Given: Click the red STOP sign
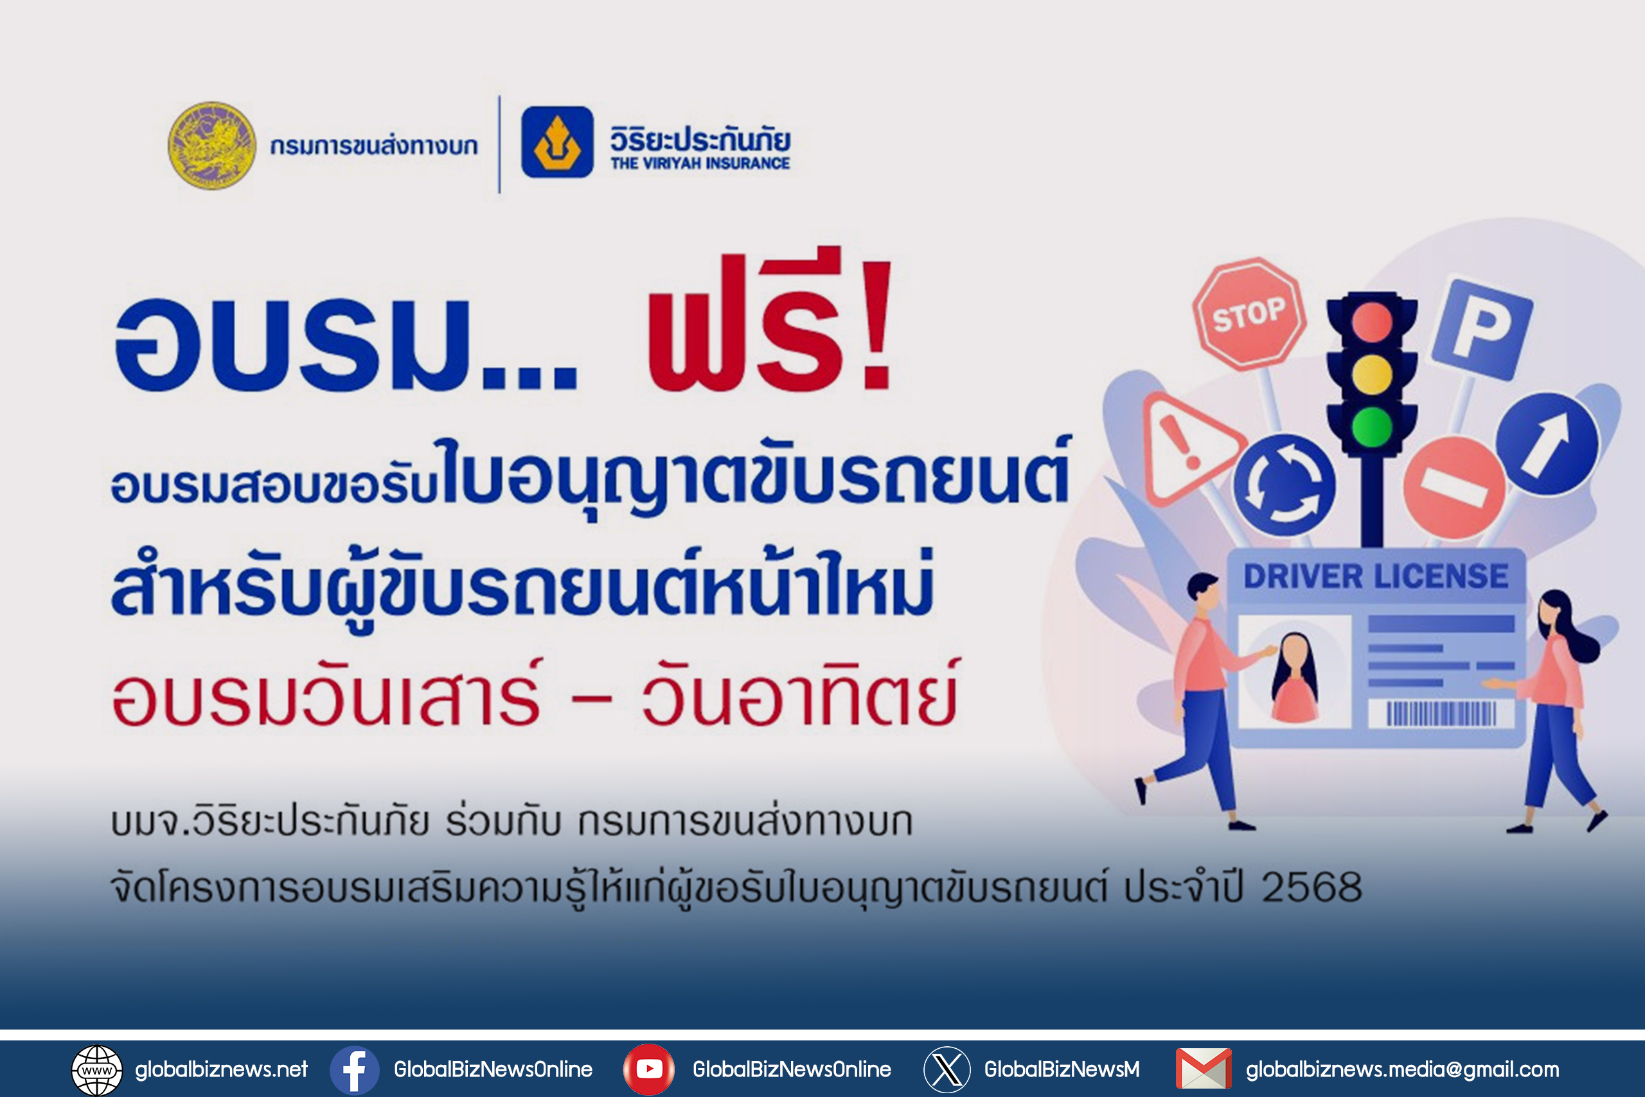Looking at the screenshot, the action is point(1249,314).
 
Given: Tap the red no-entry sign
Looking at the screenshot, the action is point(1454,487).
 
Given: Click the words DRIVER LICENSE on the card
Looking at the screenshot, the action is point(1376,576).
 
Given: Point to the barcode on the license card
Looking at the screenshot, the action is point(1441,713).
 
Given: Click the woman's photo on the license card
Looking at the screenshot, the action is point(1295,672).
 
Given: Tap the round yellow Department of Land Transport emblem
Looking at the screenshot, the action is point(212,145).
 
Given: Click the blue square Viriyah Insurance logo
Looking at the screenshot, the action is point(557,142).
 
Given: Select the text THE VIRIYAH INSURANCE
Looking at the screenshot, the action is point(700,163).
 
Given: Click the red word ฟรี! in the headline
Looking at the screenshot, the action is point(769,321).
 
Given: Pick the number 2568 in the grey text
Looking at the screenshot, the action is point(1312,887).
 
